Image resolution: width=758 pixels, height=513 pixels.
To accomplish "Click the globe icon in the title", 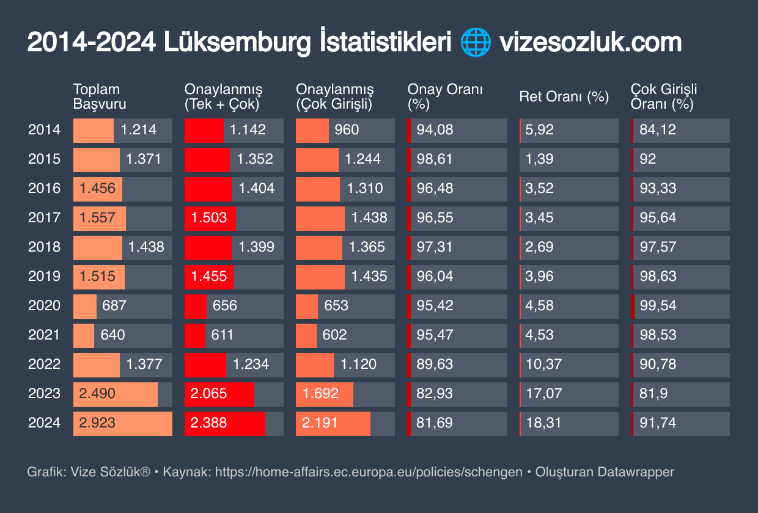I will tap(475, 43).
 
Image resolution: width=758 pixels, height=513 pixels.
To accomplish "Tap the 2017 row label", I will tap(45, 217).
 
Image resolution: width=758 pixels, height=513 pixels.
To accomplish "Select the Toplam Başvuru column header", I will tap(100, 96).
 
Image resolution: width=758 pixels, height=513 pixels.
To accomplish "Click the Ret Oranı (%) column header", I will tap(564, 96).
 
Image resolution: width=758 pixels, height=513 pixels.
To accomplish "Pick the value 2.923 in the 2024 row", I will tap(97, 423).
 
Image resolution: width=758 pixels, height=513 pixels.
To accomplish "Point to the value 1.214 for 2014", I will tap(139, 129).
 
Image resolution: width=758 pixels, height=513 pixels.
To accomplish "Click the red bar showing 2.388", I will tap(224, 423).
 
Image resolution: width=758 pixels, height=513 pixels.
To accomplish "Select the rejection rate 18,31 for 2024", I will tap(543, 423).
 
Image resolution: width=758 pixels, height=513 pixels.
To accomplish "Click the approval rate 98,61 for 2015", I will tap(435, 159).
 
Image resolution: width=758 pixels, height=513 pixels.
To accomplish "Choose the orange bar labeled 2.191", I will tap(333, 423).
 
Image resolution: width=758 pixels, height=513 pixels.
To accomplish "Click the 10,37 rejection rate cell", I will tap(543, 364).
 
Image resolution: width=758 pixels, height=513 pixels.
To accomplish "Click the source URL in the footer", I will tap(369, 472).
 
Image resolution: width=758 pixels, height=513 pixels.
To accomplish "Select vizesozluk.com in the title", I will tap(590, 43).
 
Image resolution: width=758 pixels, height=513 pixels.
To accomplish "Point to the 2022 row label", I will tap(45, 364).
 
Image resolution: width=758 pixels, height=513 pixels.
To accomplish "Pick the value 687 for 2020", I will tap(114, 305).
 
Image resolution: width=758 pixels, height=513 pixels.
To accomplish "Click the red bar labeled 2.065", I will tap(219, 393).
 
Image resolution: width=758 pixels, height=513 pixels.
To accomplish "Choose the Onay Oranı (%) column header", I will tap(445, 96).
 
